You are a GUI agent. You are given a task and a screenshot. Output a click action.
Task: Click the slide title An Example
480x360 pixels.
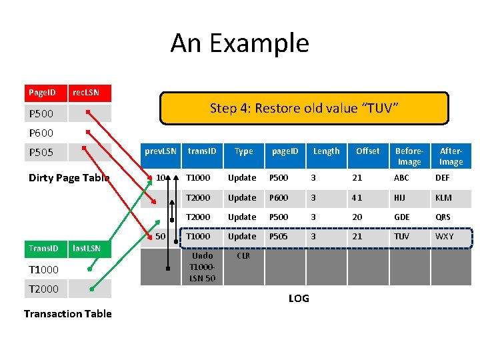click(x=239, y=43)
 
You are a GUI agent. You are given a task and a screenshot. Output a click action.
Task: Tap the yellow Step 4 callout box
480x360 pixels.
click(x=304, y=108)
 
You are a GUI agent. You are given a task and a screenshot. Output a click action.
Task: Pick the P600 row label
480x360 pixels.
click(x=41, y=133)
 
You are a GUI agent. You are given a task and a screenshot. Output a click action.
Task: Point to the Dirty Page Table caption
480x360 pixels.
click(x=69, y=177)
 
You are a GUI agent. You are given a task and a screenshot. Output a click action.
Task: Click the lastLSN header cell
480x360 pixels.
click(x=86, y=249)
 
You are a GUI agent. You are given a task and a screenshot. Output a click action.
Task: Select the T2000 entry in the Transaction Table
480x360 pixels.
click(x=44, y=289)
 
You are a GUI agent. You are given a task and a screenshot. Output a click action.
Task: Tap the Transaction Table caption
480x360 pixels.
click(x=67, y=313)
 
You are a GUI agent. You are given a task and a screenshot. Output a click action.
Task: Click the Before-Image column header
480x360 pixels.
click(x=409, y=156)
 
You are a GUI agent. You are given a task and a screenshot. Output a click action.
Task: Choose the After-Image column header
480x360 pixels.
click(x=451, y=156)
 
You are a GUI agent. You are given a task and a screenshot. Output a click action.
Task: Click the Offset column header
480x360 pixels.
click(x=367, y=151)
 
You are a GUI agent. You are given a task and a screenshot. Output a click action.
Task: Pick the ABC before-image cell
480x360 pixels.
click(x=401, y=177)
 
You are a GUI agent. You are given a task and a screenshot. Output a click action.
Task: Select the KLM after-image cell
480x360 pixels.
click(x=443, y=197)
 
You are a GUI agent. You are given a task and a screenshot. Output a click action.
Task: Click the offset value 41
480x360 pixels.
click(x=358, y=197)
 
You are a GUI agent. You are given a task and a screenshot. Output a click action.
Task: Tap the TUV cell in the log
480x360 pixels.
click(x=402, y=237)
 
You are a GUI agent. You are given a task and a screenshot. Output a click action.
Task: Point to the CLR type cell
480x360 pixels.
click(x=243, y=256)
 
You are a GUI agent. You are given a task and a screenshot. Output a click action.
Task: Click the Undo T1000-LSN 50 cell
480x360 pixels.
click(x=202, y=267)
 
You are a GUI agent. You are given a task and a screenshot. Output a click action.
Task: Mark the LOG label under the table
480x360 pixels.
click(x=299, y=298)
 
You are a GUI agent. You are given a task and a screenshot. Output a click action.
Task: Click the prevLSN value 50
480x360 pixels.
click(x=161, y=237)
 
